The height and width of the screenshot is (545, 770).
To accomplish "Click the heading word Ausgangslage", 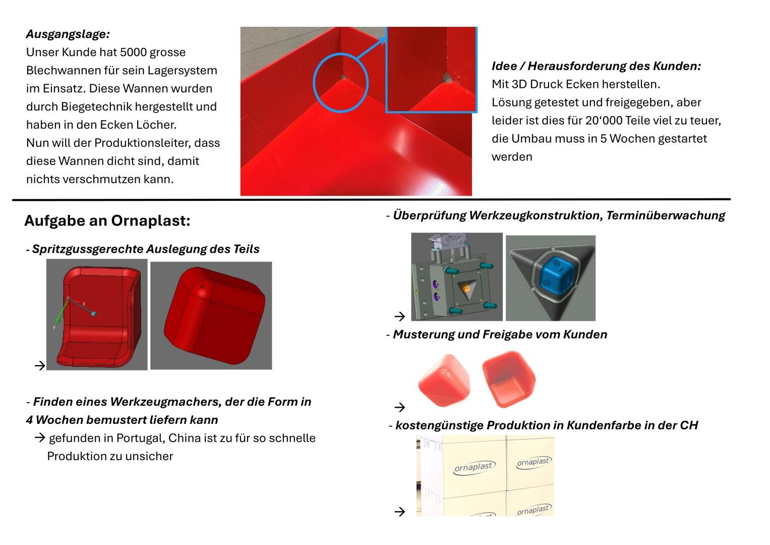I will pos(68,34).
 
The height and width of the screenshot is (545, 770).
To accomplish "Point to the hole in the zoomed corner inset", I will pos(446,78).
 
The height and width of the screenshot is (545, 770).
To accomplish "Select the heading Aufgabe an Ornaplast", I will pos(107,221).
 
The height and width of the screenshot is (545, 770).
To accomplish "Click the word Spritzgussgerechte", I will pos(88,249).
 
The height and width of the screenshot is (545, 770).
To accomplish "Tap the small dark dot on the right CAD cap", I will pos(203,287).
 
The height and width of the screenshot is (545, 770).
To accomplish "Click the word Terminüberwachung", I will pos(665,215).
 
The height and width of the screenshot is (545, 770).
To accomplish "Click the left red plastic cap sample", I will pos(444,380).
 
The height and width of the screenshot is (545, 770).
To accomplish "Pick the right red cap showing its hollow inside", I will pos(508,378).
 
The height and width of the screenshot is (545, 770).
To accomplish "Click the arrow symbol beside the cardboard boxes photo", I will pos(400,512).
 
